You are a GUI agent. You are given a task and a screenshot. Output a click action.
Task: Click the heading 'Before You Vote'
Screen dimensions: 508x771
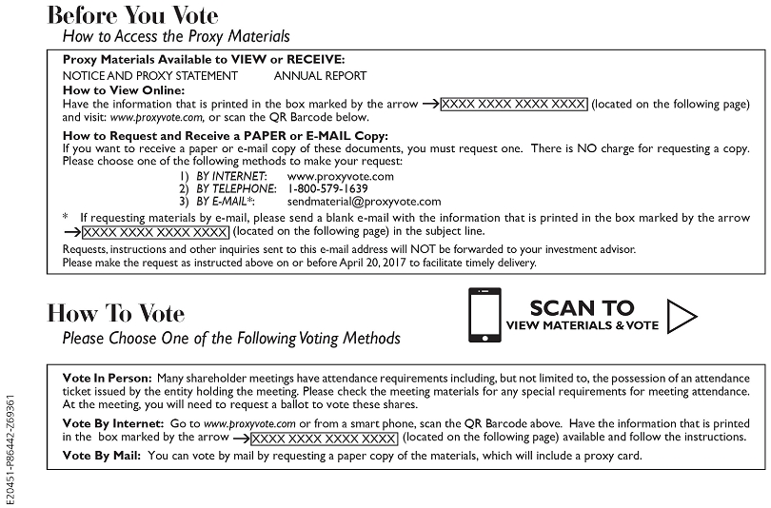pos(132,15)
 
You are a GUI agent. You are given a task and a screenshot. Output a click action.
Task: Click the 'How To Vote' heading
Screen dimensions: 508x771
pos(116,313)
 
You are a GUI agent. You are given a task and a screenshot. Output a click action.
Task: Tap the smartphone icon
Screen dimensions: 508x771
pos(484,314)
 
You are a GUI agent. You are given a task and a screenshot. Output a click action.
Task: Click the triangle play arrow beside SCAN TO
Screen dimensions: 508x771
pos(682,315)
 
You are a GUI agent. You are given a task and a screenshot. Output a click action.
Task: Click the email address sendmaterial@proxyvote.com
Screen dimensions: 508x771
pos(364,201)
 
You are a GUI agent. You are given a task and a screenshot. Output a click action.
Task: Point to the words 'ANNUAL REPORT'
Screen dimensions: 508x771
pos(320,76)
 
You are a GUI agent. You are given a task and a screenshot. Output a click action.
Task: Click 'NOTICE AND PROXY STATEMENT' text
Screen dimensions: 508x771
pos(149,76)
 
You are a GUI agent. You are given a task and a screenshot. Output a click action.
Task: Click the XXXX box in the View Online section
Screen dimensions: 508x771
pos(514,103)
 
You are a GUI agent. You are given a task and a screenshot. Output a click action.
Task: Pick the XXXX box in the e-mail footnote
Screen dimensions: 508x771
pos(155,231)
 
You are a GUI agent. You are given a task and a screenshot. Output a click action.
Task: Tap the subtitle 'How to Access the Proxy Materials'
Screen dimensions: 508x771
pos(176,37)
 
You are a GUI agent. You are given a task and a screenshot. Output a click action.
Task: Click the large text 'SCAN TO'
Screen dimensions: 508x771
pos(582,307)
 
